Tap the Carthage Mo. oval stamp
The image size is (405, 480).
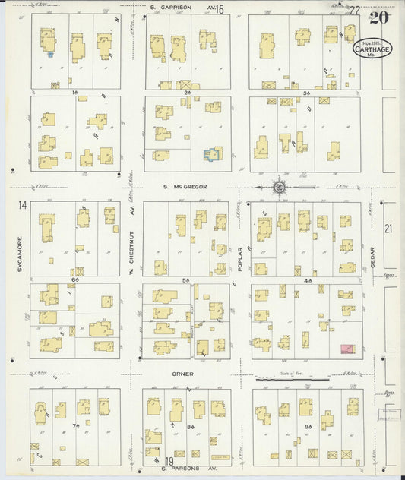(372, 49)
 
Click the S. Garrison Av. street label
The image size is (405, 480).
(182, 8)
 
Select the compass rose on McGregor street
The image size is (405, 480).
(279, 185)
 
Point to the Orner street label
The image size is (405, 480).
(182, 374)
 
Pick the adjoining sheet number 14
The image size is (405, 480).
(23, 205)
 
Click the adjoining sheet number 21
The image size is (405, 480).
(388, 228)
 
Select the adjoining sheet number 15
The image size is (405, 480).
(220, 10)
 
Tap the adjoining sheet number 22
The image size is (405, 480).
(355, 10)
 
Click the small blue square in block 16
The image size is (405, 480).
(50, 54)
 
